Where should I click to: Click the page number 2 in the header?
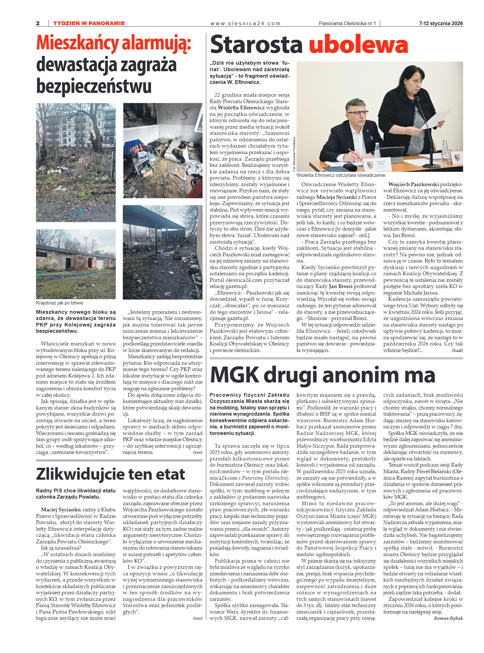[38, 23]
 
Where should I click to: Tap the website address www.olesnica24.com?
[245, 23]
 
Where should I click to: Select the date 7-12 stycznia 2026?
[441, 23]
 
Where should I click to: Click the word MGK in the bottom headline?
[235, 375]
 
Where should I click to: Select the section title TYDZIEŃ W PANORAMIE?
[89, 23]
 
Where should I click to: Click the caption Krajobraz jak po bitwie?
[59, 303]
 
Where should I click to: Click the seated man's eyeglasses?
[357, 113]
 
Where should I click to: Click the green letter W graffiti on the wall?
[170, 116]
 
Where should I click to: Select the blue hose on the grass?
[65, 274]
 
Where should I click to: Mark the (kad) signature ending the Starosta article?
[457, 350]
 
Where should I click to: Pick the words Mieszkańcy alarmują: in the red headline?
[113, 43]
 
